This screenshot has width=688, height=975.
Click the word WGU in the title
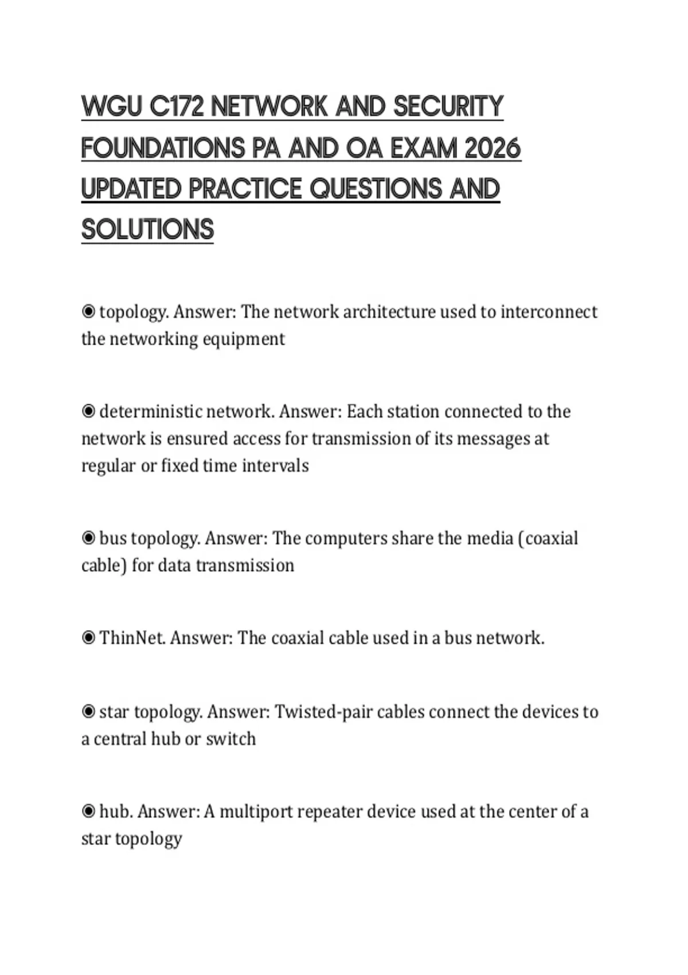112,107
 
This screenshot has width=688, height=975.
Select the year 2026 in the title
492,148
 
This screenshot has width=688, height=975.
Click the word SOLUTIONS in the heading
147,229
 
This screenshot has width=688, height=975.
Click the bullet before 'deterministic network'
88,411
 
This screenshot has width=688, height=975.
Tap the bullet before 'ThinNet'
88,638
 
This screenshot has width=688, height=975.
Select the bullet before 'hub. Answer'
88,812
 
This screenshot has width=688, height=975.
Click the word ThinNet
132,638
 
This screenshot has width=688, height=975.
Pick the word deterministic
150,411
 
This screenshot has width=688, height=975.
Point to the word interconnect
549,312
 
